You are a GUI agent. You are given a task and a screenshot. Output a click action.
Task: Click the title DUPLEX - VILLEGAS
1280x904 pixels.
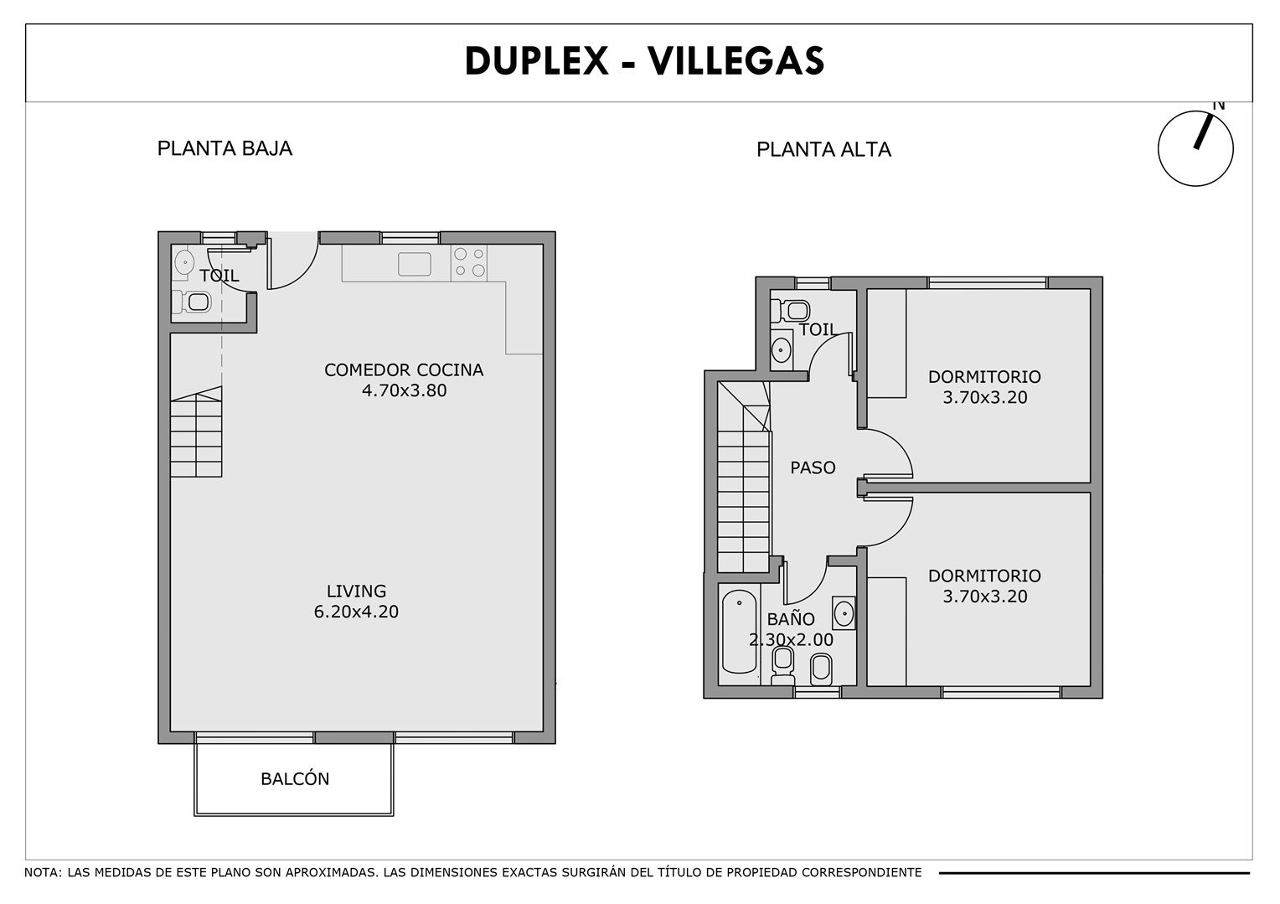tap(644, 60)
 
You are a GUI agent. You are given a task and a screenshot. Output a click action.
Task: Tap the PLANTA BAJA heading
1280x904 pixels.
tap(225, 148)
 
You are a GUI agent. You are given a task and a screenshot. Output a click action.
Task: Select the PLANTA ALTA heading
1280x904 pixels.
tap(823, 150)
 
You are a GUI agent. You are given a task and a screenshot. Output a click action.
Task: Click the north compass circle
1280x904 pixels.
tap(1159, 148)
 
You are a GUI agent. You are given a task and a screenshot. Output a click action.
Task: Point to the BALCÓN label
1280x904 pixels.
tap(295, 779)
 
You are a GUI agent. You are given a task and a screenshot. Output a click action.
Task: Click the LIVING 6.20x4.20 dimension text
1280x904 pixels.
tap(356, 612)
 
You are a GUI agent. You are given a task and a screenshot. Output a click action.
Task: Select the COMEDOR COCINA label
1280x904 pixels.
tap(404, 369)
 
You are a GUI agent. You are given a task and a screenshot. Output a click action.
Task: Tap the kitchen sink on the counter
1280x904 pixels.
tap(415, 264)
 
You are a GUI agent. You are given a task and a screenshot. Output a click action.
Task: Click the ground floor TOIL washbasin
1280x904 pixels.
tap(183, 264)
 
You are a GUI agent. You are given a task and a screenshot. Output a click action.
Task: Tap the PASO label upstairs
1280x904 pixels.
tap(813, 467)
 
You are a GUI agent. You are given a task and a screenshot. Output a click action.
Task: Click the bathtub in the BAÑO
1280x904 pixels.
tap(740, 632)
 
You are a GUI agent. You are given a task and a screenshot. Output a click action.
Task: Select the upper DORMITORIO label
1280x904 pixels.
tap(984, 376)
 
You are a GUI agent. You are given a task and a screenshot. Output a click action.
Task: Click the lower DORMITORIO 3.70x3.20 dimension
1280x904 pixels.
tap(984, 596)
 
